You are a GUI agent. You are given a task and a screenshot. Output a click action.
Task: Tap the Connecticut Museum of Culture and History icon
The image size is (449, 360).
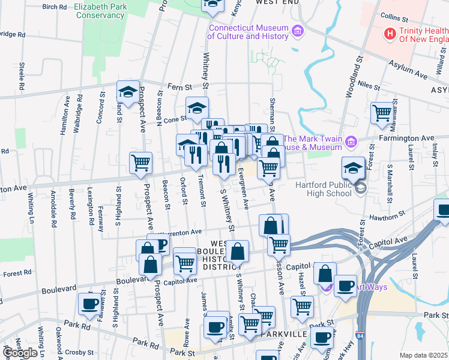(296, 31)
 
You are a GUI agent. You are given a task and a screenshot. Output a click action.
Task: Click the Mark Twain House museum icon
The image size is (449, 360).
(351, 142)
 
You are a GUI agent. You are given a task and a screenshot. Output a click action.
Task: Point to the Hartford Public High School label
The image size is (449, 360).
(323, 189)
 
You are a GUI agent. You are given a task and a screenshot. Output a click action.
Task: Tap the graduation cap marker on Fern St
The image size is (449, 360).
(128, 92)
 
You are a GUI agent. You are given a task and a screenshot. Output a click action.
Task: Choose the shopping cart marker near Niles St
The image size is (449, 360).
(382, 112)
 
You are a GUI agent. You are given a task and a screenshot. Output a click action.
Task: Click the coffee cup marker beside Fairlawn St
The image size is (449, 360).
(90, 303)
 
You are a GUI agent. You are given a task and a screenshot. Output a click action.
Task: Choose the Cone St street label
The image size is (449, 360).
(175, 119)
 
